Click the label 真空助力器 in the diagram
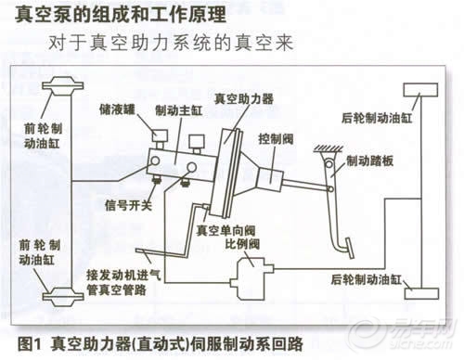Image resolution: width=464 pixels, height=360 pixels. [244, 98]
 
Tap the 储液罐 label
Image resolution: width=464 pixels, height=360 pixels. [117, 109]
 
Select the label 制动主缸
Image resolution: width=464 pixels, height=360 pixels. [179, 110]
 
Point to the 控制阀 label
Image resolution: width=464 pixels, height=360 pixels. [276, 139]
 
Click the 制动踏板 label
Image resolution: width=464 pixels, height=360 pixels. [369, 161]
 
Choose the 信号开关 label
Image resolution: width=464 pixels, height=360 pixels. [128, 205]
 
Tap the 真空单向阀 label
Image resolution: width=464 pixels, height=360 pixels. [226, 230]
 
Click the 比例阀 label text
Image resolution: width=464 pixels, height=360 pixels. [242, 244]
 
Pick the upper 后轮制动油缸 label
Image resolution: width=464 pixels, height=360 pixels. [377, 118]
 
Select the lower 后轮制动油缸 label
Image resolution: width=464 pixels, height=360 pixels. [367, 279]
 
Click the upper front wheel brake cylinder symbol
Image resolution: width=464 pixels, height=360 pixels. [63, 85]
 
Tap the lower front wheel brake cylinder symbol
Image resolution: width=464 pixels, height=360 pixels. [63, 296]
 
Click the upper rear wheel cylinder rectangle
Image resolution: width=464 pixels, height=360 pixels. [420, 90]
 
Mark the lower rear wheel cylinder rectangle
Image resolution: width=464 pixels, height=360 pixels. [421, 293]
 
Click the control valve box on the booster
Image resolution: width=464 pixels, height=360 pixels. [270, 180]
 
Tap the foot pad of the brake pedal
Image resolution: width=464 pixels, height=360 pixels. [350, 248]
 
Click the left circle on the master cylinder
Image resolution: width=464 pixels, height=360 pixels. [155, 161]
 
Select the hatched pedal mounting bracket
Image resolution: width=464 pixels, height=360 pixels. [329, 149]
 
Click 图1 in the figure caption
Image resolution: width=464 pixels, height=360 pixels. [30, 343]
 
